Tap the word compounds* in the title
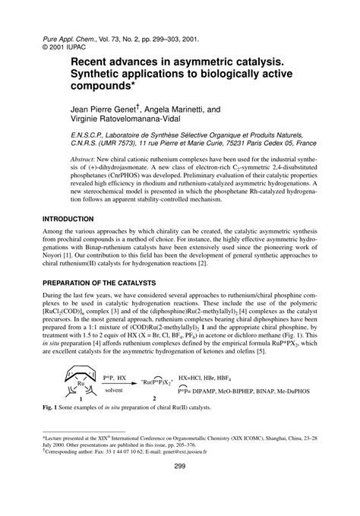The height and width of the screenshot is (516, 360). pos(109,82)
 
